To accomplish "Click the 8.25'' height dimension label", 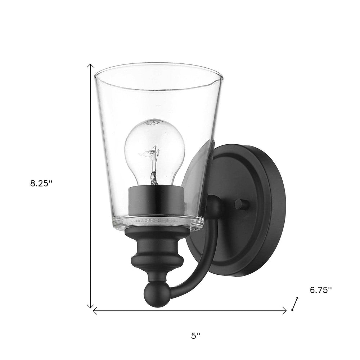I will click(x=41, y=183).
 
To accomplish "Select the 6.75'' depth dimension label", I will click(x=320, y=280).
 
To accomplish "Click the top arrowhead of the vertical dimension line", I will click(x=91, y=66).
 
